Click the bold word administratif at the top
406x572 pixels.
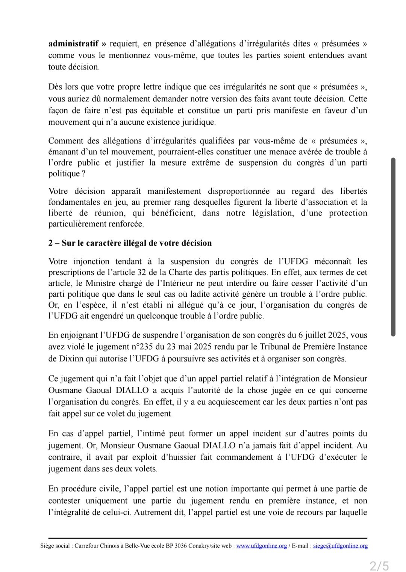pos(74,44)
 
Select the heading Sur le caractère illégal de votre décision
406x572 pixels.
pos(136,243)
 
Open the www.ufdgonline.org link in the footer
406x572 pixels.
pos(261,546)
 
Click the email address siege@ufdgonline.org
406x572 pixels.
pos(340,546)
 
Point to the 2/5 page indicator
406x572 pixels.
pos(379,565)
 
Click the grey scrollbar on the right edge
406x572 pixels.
pos(393,247)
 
